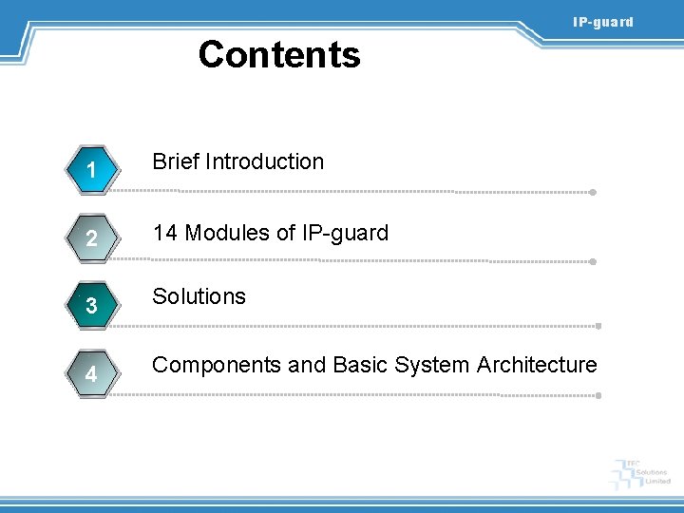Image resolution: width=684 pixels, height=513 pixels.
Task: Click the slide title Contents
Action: pos(279,55)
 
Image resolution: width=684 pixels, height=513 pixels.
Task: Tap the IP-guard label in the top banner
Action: pos(602,22)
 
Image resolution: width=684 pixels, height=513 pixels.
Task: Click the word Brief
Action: pos(175,161)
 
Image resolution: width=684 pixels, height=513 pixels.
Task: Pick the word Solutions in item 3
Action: pos(199,296)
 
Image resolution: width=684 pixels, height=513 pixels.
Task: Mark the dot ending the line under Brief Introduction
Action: pos(593,192)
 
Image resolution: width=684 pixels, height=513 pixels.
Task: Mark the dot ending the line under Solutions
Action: pos(598,326)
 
